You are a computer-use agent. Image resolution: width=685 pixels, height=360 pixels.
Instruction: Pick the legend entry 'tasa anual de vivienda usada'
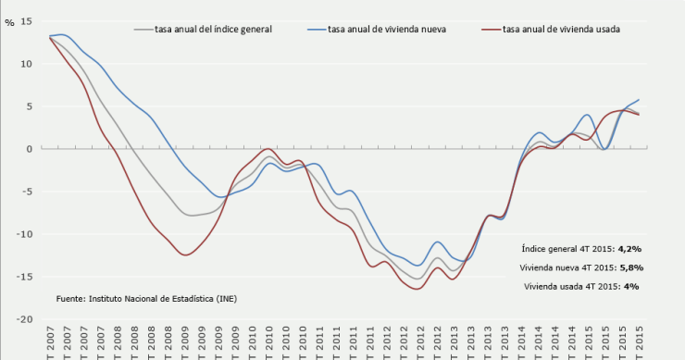coord(561,30)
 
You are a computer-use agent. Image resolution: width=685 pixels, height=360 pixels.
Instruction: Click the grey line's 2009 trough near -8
coord(193,215)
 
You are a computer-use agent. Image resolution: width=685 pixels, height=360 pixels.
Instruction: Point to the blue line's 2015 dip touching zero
coord(604,149)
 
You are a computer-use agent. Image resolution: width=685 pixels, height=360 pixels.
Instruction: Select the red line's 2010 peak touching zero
coord(268,148)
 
